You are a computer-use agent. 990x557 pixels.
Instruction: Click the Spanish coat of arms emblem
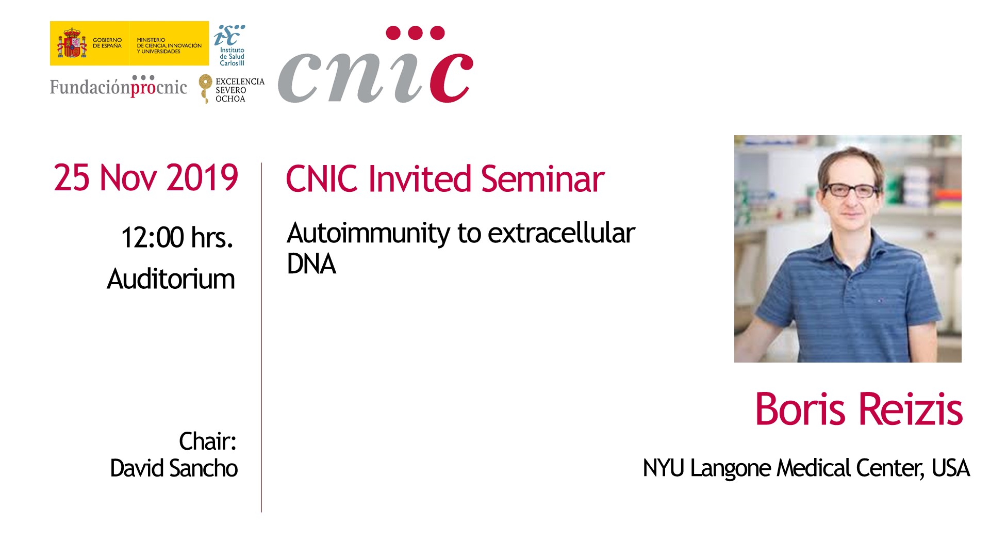pos(72,43)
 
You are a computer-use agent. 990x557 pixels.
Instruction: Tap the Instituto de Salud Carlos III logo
pos(230,45)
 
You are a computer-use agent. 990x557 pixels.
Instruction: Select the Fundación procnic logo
pos(119,86)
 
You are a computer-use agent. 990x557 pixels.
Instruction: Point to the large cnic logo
pos(375,65)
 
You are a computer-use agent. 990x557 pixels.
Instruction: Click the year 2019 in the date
pos(202,178)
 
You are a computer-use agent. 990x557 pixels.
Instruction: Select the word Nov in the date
pos(128,178)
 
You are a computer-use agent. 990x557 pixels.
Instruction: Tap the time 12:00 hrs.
pos(177,238)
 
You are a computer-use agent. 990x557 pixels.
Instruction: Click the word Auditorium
pos(171,279)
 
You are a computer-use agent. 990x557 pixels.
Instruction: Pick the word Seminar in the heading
pos(542,179)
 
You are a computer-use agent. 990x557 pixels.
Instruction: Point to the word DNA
pos(311,264)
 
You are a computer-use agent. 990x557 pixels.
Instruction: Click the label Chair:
pos(207,441)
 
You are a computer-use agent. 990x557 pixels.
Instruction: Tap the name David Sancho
pos(174,468)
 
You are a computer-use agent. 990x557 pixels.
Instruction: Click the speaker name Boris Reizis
pos(859,409)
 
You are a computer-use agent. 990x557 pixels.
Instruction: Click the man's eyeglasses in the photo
pos(852,190)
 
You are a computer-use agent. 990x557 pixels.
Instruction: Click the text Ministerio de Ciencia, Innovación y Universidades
pos(169,45)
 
